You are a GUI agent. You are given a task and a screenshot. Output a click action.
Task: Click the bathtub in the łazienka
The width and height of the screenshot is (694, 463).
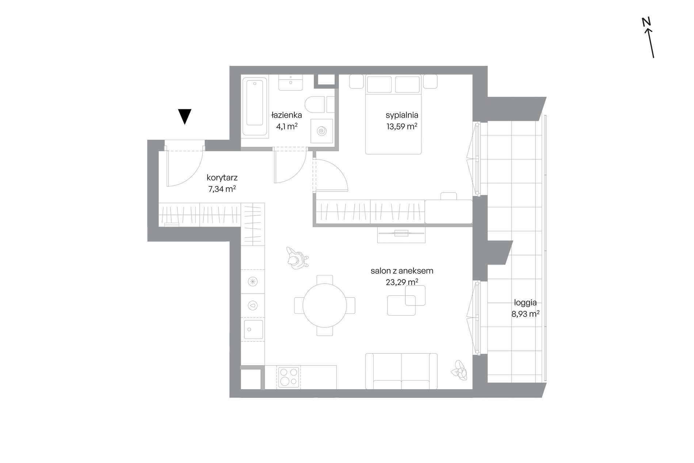[x=255, y=103]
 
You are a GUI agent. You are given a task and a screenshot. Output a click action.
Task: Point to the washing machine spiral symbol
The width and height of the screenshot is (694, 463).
[x=322, y=131]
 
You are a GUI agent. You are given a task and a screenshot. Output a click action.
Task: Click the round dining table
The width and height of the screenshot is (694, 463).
[x=324, y=305]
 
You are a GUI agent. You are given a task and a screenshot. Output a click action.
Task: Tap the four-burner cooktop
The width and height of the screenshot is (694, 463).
[x=289, y=377]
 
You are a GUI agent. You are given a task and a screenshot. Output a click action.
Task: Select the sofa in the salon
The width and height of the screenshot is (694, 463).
[x=401, y=371]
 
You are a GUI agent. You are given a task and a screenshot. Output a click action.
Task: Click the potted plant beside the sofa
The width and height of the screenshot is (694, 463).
[x=459, y=370]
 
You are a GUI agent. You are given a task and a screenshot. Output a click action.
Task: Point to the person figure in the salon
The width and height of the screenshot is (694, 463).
[x=297, y=258]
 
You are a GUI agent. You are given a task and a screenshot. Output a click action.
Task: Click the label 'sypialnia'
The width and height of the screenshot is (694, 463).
[x=402, y=115]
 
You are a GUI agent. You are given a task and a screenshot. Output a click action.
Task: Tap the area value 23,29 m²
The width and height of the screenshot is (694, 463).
[x=402, y=282]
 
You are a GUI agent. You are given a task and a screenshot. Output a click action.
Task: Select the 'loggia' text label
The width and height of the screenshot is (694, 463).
[x=525, y=303]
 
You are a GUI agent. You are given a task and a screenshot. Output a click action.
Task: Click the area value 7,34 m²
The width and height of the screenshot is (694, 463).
[x=222, y=189]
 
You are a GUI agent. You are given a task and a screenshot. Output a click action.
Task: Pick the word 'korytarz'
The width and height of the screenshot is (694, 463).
[x=222, y=178]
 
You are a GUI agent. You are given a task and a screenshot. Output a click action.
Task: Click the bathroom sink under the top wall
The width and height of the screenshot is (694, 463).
[x=290, y=83]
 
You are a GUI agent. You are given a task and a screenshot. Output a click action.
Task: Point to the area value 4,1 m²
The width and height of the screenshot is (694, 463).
[x=287, y=126]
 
